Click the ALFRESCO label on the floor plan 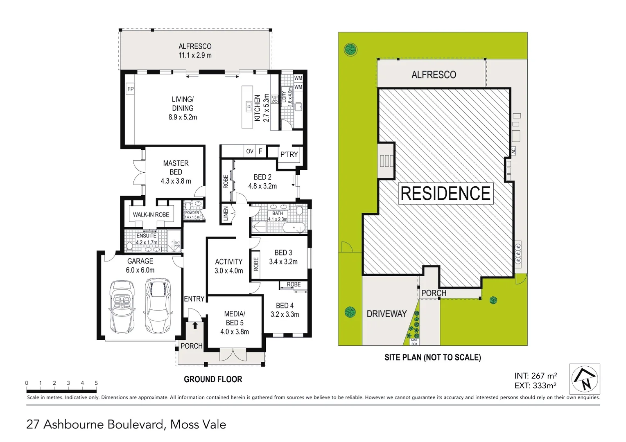coord(195,51)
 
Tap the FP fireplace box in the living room coord(130,89)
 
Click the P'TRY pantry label coord(289,155)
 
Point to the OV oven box coord(250,151)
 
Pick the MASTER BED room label coord(176,172)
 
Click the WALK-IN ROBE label coord(151,214)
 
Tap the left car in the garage coord(122,306)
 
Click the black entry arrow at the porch coord(195,325)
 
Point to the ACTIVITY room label coord(228,266)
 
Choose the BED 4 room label coord(285,310)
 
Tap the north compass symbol coord(585,379)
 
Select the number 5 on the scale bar coord(97,383)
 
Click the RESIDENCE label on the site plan coord(445,194)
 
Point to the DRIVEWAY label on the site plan coord(386,314)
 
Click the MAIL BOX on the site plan coord(414,342)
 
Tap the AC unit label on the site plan coord(513,151)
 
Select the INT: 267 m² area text coord(535,376)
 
